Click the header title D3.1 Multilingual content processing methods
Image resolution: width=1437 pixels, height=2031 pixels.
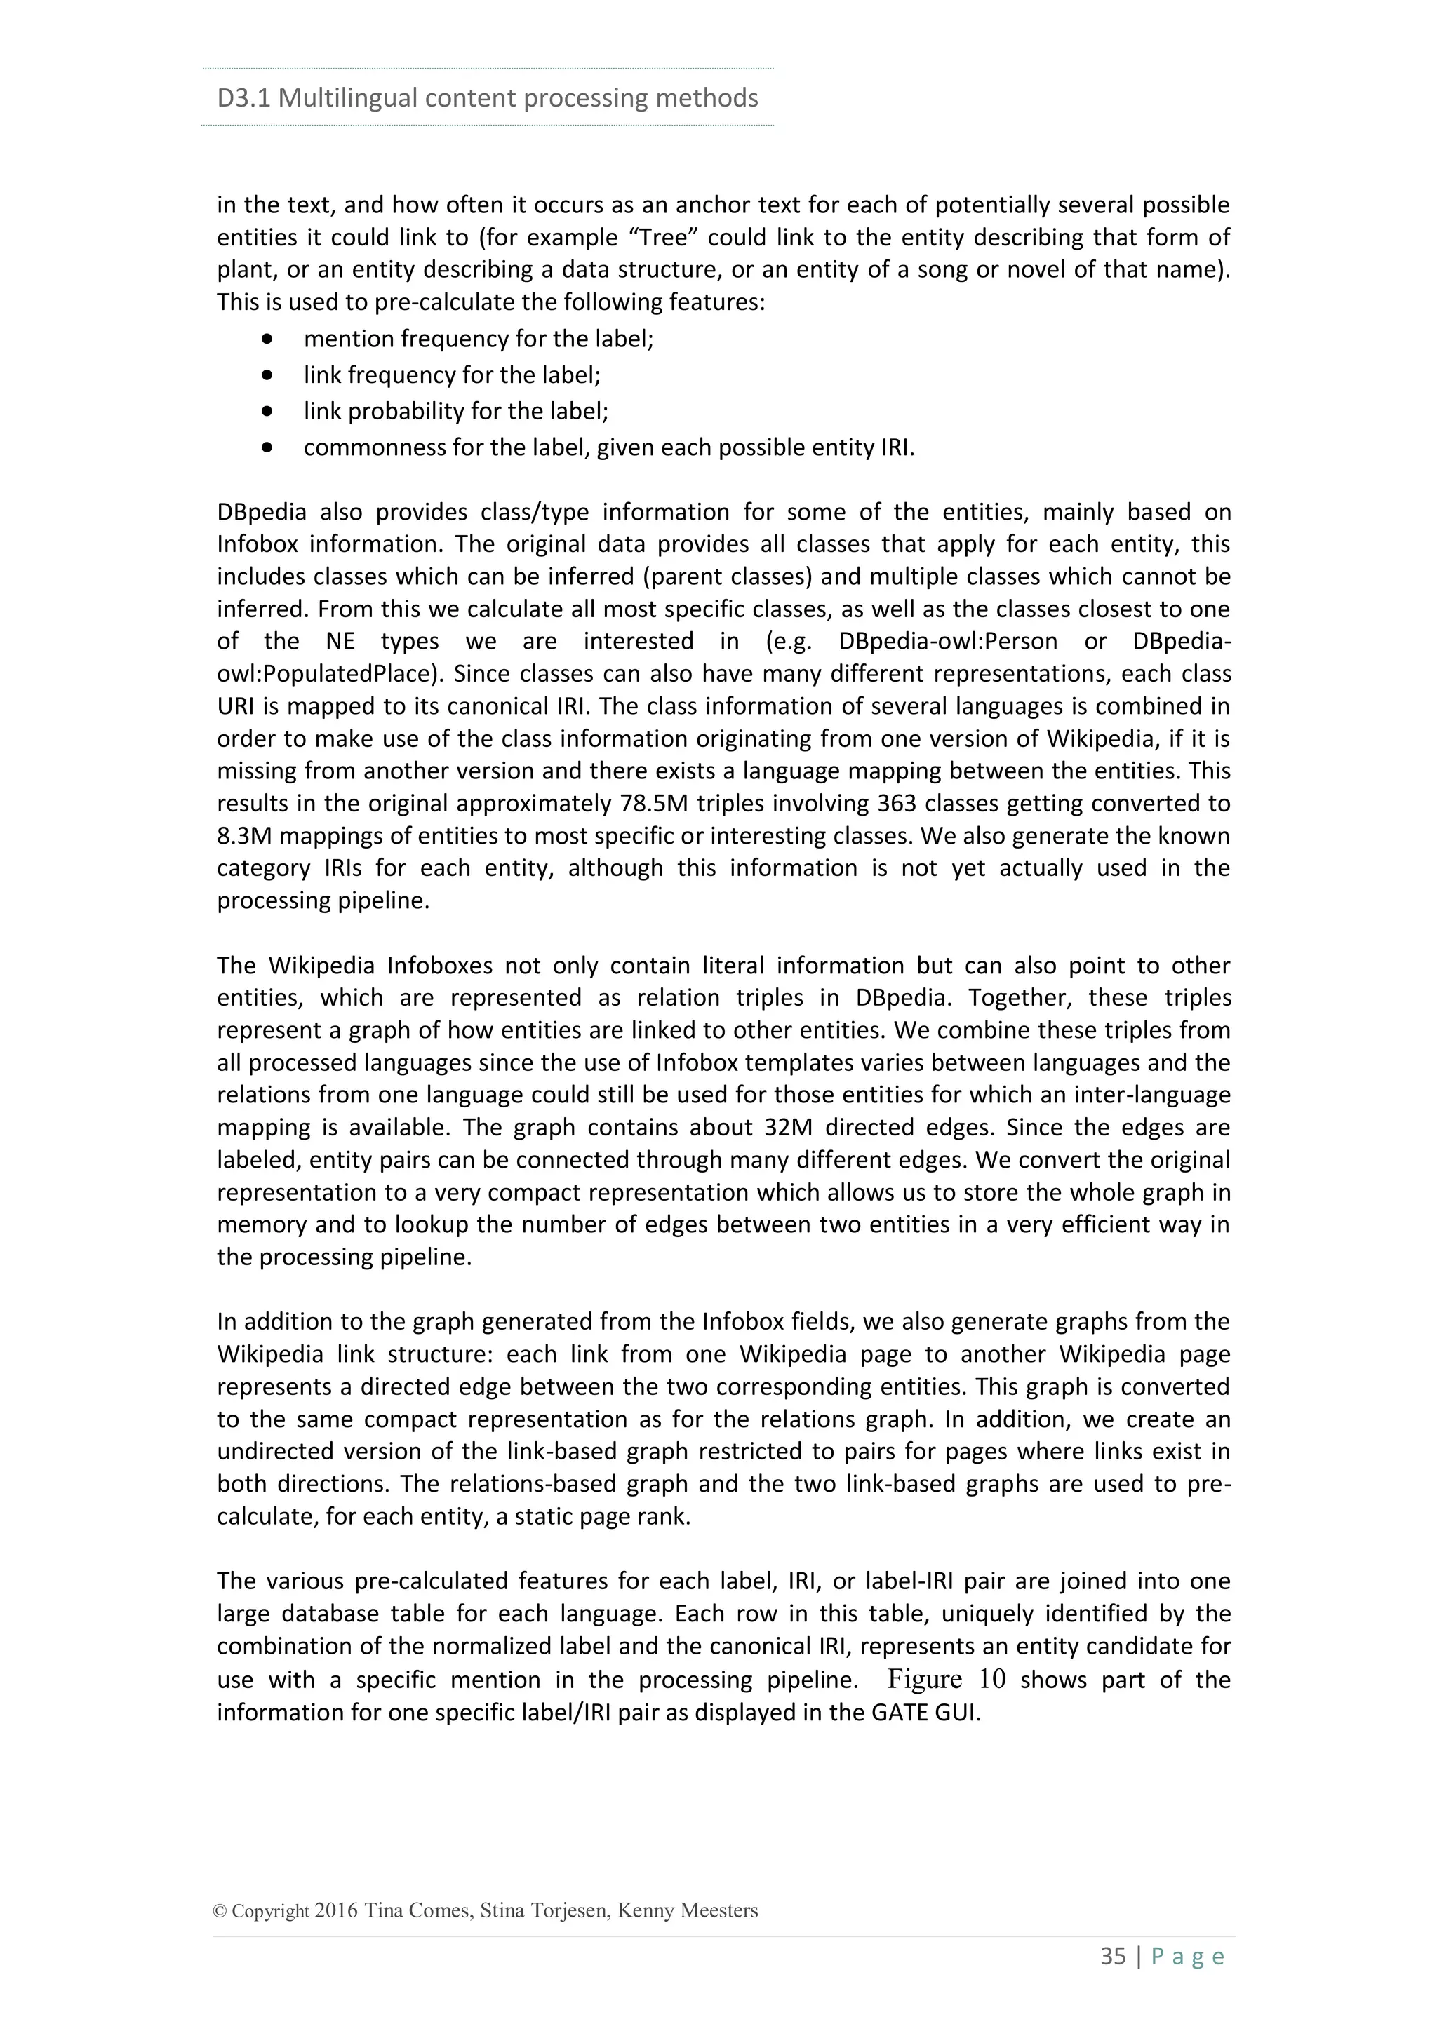[x=488, y=97]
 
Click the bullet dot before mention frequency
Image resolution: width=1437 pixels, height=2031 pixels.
[x=267, y=339]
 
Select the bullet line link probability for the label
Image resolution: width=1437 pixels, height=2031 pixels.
[x=455, y=412]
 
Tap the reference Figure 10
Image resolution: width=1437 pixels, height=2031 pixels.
[x=947, y=1679]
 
